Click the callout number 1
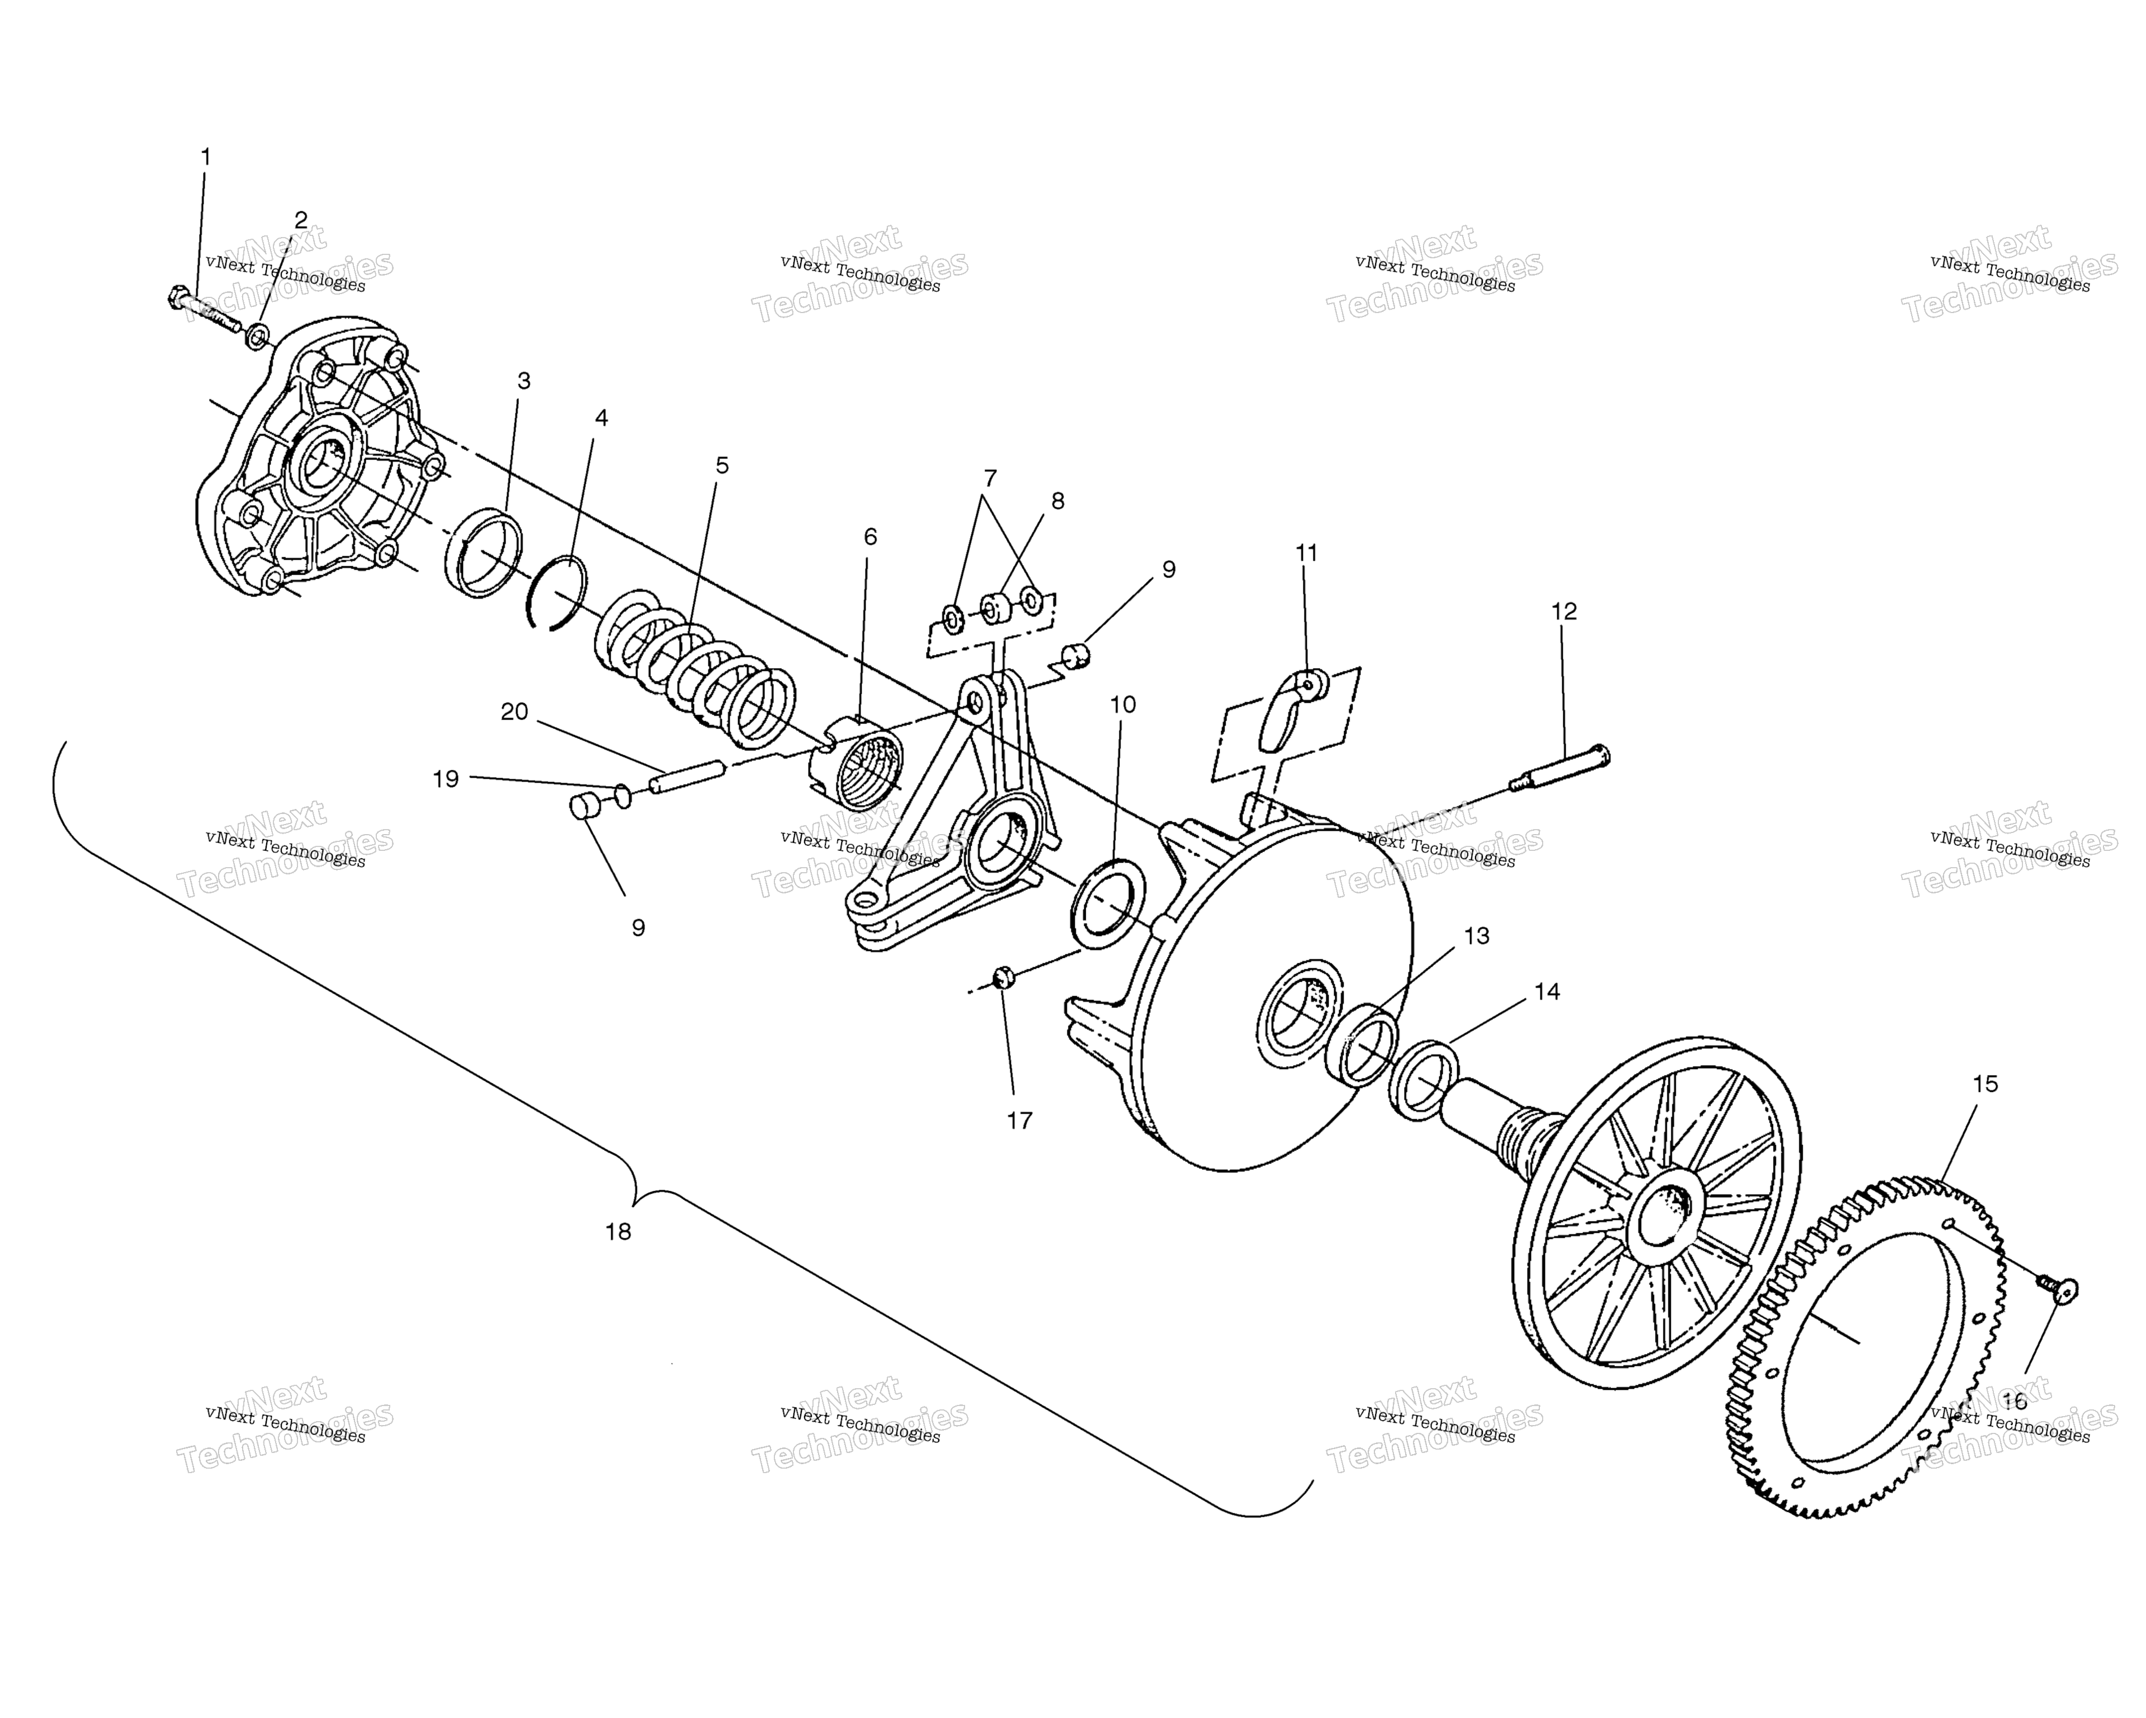tap(206, 157)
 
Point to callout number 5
tap(722, 465)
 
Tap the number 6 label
tap(870, 537)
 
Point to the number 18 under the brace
tap(618, 1231)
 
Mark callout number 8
tap(1057, 501)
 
